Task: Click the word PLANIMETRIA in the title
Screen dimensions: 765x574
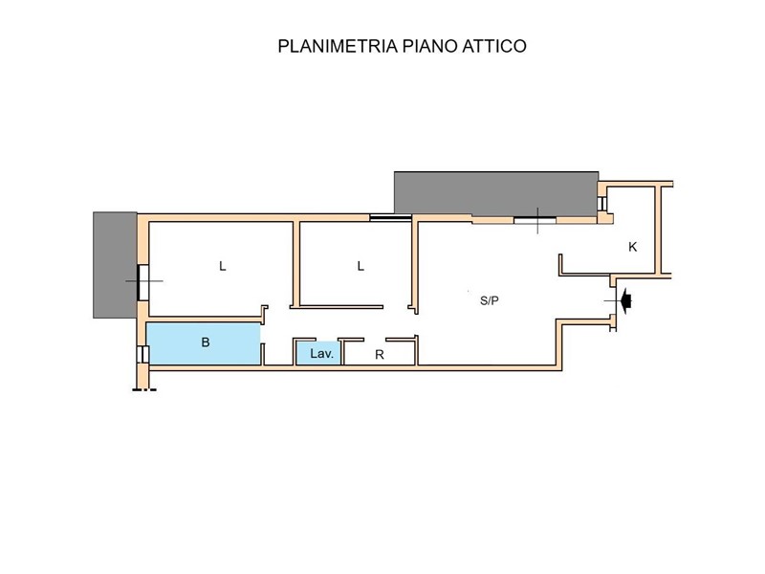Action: [x=338, y=46]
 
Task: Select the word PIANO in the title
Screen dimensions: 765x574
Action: [x=429, y=46]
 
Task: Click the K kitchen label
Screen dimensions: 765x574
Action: [x=632, y=247]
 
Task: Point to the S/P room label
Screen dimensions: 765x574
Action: [x=490, y=300]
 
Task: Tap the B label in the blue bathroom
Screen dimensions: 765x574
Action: [x=206, y=342]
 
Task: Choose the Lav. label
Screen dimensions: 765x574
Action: [x=321, y=353]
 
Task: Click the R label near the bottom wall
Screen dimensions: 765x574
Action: [x=379, y=355]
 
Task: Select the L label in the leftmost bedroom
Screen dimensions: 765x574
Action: [x=223, y=266]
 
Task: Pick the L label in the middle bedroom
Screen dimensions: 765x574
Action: [x=361, y=266]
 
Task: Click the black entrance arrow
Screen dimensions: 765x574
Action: [x=626, y=301]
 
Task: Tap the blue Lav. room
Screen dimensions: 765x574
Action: [x=318, y=353]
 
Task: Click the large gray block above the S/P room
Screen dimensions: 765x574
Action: [x=496, y=194]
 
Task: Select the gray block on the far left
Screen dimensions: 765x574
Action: [x=115, y=265]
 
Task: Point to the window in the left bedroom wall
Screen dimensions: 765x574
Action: [x=143, y=281]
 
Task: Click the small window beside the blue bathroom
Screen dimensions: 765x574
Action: [x=142, y=354]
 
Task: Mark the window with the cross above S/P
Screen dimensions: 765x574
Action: [x=535, y=220]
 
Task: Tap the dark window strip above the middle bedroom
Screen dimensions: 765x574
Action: [x=390, y=218]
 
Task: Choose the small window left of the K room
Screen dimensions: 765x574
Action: [x=602, y=203]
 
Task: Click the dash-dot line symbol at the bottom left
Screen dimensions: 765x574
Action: [x=144, y=389]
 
